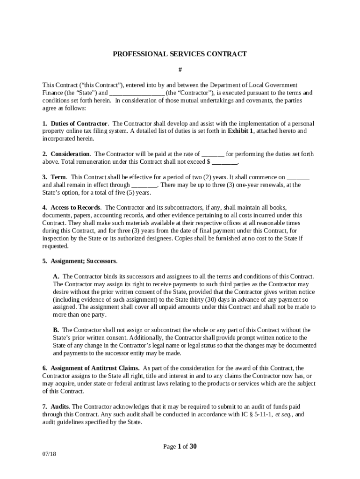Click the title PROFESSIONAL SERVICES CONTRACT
[180, 54]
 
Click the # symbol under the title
[180, 70]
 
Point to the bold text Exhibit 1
[240, 131]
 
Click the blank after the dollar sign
[225, 162]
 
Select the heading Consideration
[70, 154]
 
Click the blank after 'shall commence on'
[298, 178]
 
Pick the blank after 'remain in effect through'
[144, 185]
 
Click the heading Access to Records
[75, 208]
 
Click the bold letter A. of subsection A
[56, 276]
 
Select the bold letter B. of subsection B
[56, 330]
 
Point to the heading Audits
[60, 406]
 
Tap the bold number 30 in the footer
[193, 446]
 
